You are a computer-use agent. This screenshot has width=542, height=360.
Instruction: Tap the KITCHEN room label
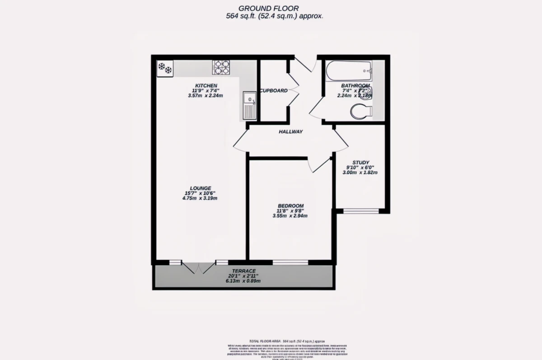pos(206,86)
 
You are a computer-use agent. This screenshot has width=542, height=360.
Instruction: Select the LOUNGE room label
pos(201,188)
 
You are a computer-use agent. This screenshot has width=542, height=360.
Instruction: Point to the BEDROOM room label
pos(290,206)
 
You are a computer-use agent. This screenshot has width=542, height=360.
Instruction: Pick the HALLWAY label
pos(290,132)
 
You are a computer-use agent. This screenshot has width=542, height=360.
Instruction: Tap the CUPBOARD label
pos(273,90)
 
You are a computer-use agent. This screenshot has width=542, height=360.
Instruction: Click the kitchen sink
pos(249,105)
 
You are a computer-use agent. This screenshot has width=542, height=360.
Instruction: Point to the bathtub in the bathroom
pos(348,70)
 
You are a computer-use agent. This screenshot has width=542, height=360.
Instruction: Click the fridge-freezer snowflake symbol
pos(164,68)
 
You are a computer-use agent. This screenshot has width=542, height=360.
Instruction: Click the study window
pos(361,211)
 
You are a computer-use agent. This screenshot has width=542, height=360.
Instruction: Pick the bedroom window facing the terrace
pos(290,262)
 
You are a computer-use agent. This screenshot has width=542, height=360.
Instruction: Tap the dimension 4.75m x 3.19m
pos(201,198)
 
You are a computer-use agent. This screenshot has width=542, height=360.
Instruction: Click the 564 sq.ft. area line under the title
pos(275,16)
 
